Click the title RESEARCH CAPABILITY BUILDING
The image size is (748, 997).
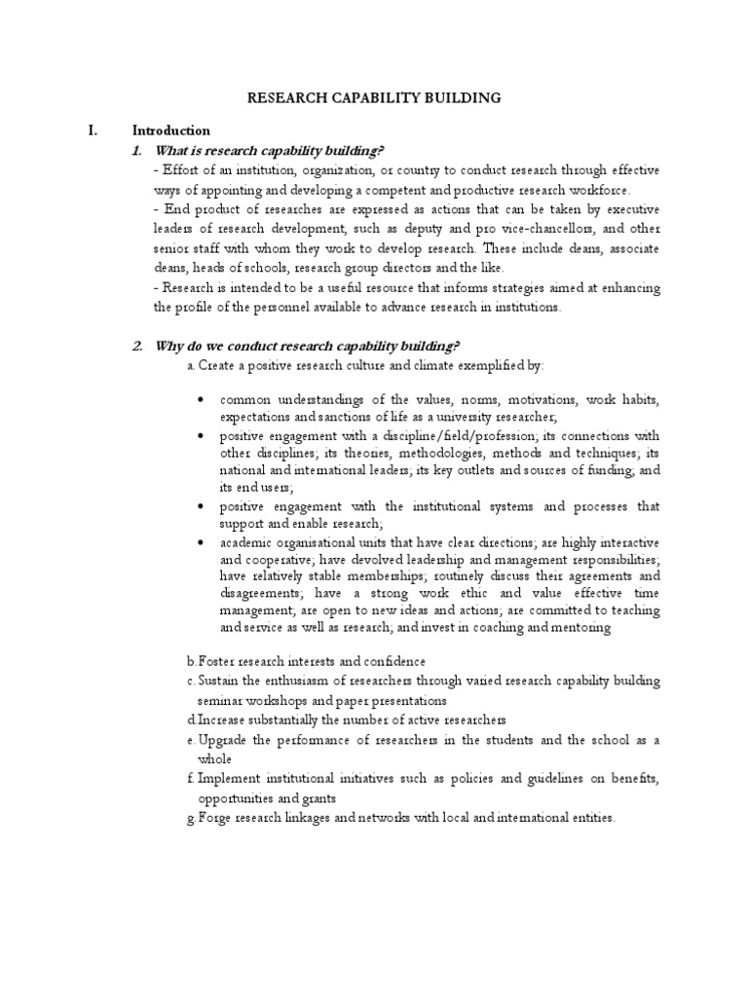click(374, 97)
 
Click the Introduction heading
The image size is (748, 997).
click(170, 129)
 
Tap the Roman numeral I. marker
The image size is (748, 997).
click(94, 129)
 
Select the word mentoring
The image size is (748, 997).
click(578, 628)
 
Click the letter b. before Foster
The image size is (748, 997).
click(191, 662)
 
